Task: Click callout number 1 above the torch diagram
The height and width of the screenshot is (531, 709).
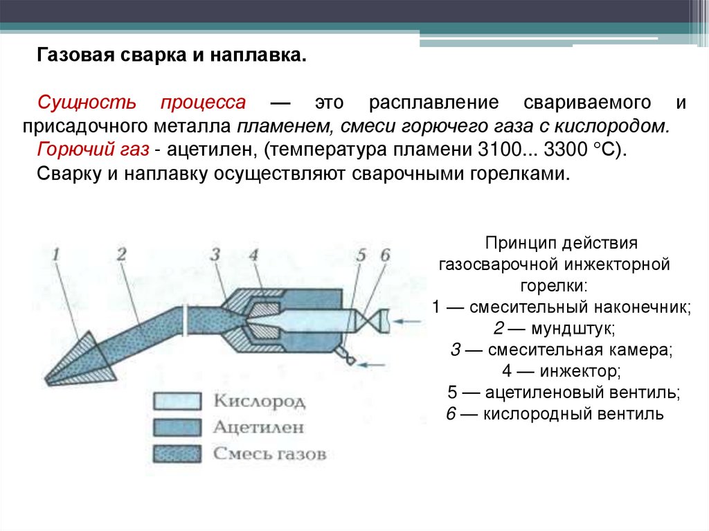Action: (x=57, y=254)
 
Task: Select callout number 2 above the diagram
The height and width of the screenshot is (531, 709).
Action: (x=122, y=254)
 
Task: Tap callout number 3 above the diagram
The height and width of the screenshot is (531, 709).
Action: (x=215, y=254)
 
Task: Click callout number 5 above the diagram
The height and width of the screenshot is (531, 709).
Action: (x=360, y=255)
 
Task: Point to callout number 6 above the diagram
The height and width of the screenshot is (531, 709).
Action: (x=385, y=255)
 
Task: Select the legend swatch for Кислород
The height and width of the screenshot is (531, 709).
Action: (x=177, y=401)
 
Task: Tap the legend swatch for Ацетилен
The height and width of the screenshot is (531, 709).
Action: (x=177, y=426)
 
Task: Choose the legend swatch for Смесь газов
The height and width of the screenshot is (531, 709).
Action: (x=177, y=453)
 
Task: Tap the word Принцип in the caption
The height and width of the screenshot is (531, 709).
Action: (x=514, y=244)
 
